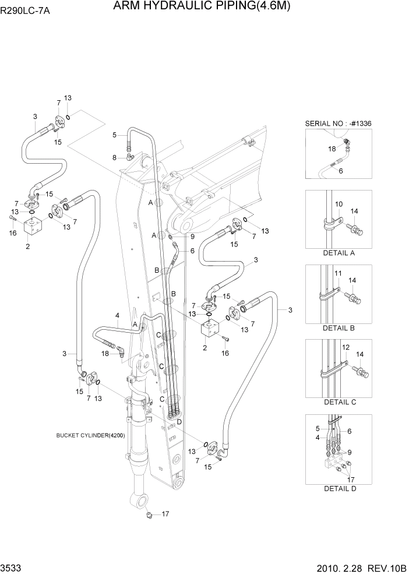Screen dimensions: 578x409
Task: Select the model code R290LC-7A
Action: pos(25,10)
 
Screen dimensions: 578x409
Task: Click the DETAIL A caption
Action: pos(339,253)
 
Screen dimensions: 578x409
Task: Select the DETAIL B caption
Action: pos(339,328)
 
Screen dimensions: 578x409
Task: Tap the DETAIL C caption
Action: pos(339,402)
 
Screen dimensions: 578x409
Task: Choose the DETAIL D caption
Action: pos(339,488)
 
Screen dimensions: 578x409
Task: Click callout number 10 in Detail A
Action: pos(339,204)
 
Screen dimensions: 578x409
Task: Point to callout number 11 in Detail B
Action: pos(338,274)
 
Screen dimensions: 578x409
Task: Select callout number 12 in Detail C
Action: pos(345,347)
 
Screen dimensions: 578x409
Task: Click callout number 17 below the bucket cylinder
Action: pos(165,514)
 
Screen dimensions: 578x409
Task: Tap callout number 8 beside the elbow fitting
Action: pos(115,157)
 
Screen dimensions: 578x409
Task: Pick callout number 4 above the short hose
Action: pos(117,316)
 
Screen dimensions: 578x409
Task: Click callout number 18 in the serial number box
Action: pos(332,149)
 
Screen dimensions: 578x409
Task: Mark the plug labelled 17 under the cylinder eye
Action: pos(150,514)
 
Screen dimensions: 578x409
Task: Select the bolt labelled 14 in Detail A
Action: pos(355,230)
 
